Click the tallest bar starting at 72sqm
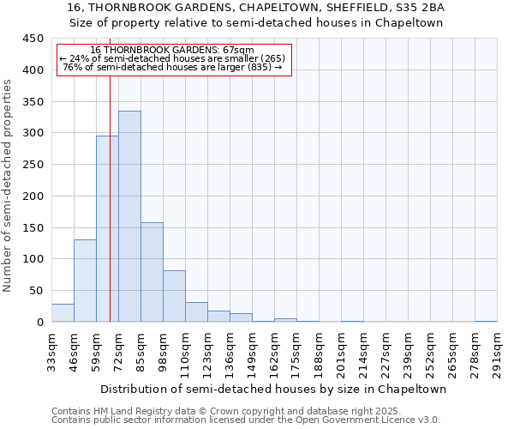click(129, 216)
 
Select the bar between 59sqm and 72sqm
click(107, 228)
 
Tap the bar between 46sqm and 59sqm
click(85, 281)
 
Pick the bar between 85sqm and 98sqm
click(152, 272)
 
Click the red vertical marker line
click(111, 197)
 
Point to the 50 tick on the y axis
click(36, 291)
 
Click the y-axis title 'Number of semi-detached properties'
click(9, 184)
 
